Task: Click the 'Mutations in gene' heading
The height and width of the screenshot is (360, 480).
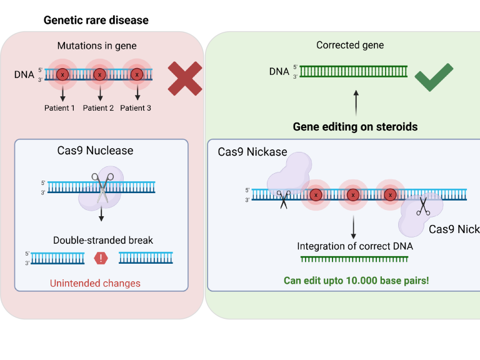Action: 97,46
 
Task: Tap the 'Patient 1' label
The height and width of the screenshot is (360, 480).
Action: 59,108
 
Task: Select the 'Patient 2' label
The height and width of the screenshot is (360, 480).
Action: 98,108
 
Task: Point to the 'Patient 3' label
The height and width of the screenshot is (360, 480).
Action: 136,108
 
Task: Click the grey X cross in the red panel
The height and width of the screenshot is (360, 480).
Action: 184,79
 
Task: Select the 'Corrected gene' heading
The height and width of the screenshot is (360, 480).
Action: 350,45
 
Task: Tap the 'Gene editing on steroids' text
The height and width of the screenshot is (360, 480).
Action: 355,127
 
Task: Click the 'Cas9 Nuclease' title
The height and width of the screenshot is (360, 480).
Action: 93,151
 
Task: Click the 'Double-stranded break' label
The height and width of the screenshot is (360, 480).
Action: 102,240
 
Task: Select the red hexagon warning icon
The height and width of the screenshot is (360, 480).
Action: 101,257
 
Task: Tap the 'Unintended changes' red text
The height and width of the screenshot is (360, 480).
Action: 95,283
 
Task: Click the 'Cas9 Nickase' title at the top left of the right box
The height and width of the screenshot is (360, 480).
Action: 252,152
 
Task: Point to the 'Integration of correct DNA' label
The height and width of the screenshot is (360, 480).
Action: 354,246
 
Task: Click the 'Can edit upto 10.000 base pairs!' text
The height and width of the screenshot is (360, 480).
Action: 356,281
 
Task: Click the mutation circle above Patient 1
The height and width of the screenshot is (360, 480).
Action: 62,74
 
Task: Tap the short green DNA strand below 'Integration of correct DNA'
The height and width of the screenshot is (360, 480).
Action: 354,259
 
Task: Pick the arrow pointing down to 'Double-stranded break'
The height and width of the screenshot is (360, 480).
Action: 101,214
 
